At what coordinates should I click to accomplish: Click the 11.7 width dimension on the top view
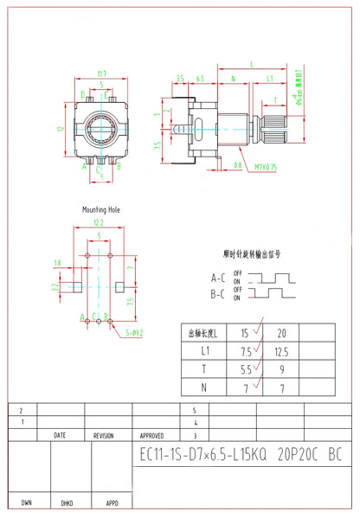(102, 74)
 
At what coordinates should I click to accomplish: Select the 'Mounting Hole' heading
(101, 210)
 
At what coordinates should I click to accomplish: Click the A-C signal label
(220, 278)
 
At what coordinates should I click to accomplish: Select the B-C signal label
(220, 294)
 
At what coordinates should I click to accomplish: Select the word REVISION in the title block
(105, 437)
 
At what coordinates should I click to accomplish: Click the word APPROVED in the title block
(151, 437)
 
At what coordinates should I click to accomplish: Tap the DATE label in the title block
(59, 437)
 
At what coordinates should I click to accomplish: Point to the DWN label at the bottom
(26, 502)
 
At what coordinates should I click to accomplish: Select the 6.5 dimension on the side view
(200, 79)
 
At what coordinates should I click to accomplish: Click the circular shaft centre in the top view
(102, 131)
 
